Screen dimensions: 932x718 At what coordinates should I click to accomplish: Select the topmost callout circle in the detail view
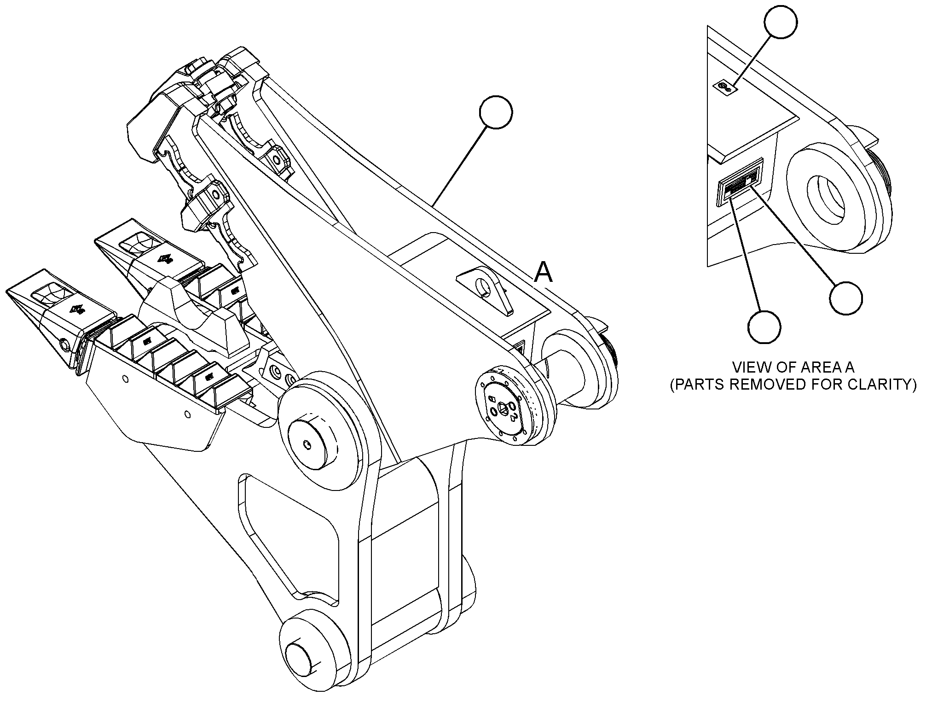coord(781,22)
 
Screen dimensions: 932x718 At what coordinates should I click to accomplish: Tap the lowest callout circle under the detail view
coord(764,327)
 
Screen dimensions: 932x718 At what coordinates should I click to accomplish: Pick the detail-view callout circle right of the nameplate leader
coord(846,298)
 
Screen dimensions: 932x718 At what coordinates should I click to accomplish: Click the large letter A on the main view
coord(543,272)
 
